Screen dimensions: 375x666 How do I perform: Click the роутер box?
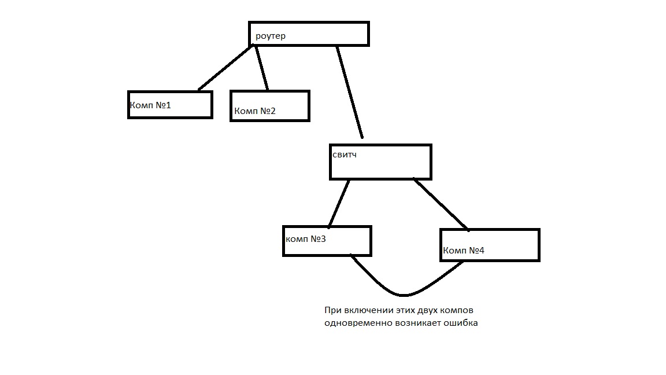309,34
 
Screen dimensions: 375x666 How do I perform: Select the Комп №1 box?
170,105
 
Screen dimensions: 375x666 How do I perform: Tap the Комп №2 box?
270,106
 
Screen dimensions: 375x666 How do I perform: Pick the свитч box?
380,162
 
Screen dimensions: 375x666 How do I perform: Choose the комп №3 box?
327,241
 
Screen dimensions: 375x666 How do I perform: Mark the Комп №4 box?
490,245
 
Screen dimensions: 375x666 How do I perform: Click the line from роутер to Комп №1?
226,68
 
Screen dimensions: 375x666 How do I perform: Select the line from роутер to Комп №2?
261,68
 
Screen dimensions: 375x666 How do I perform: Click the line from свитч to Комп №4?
441,204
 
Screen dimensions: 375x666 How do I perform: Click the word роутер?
271,36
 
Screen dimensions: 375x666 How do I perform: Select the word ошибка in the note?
460,323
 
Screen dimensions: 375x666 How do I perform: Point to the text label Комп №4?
464,251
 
